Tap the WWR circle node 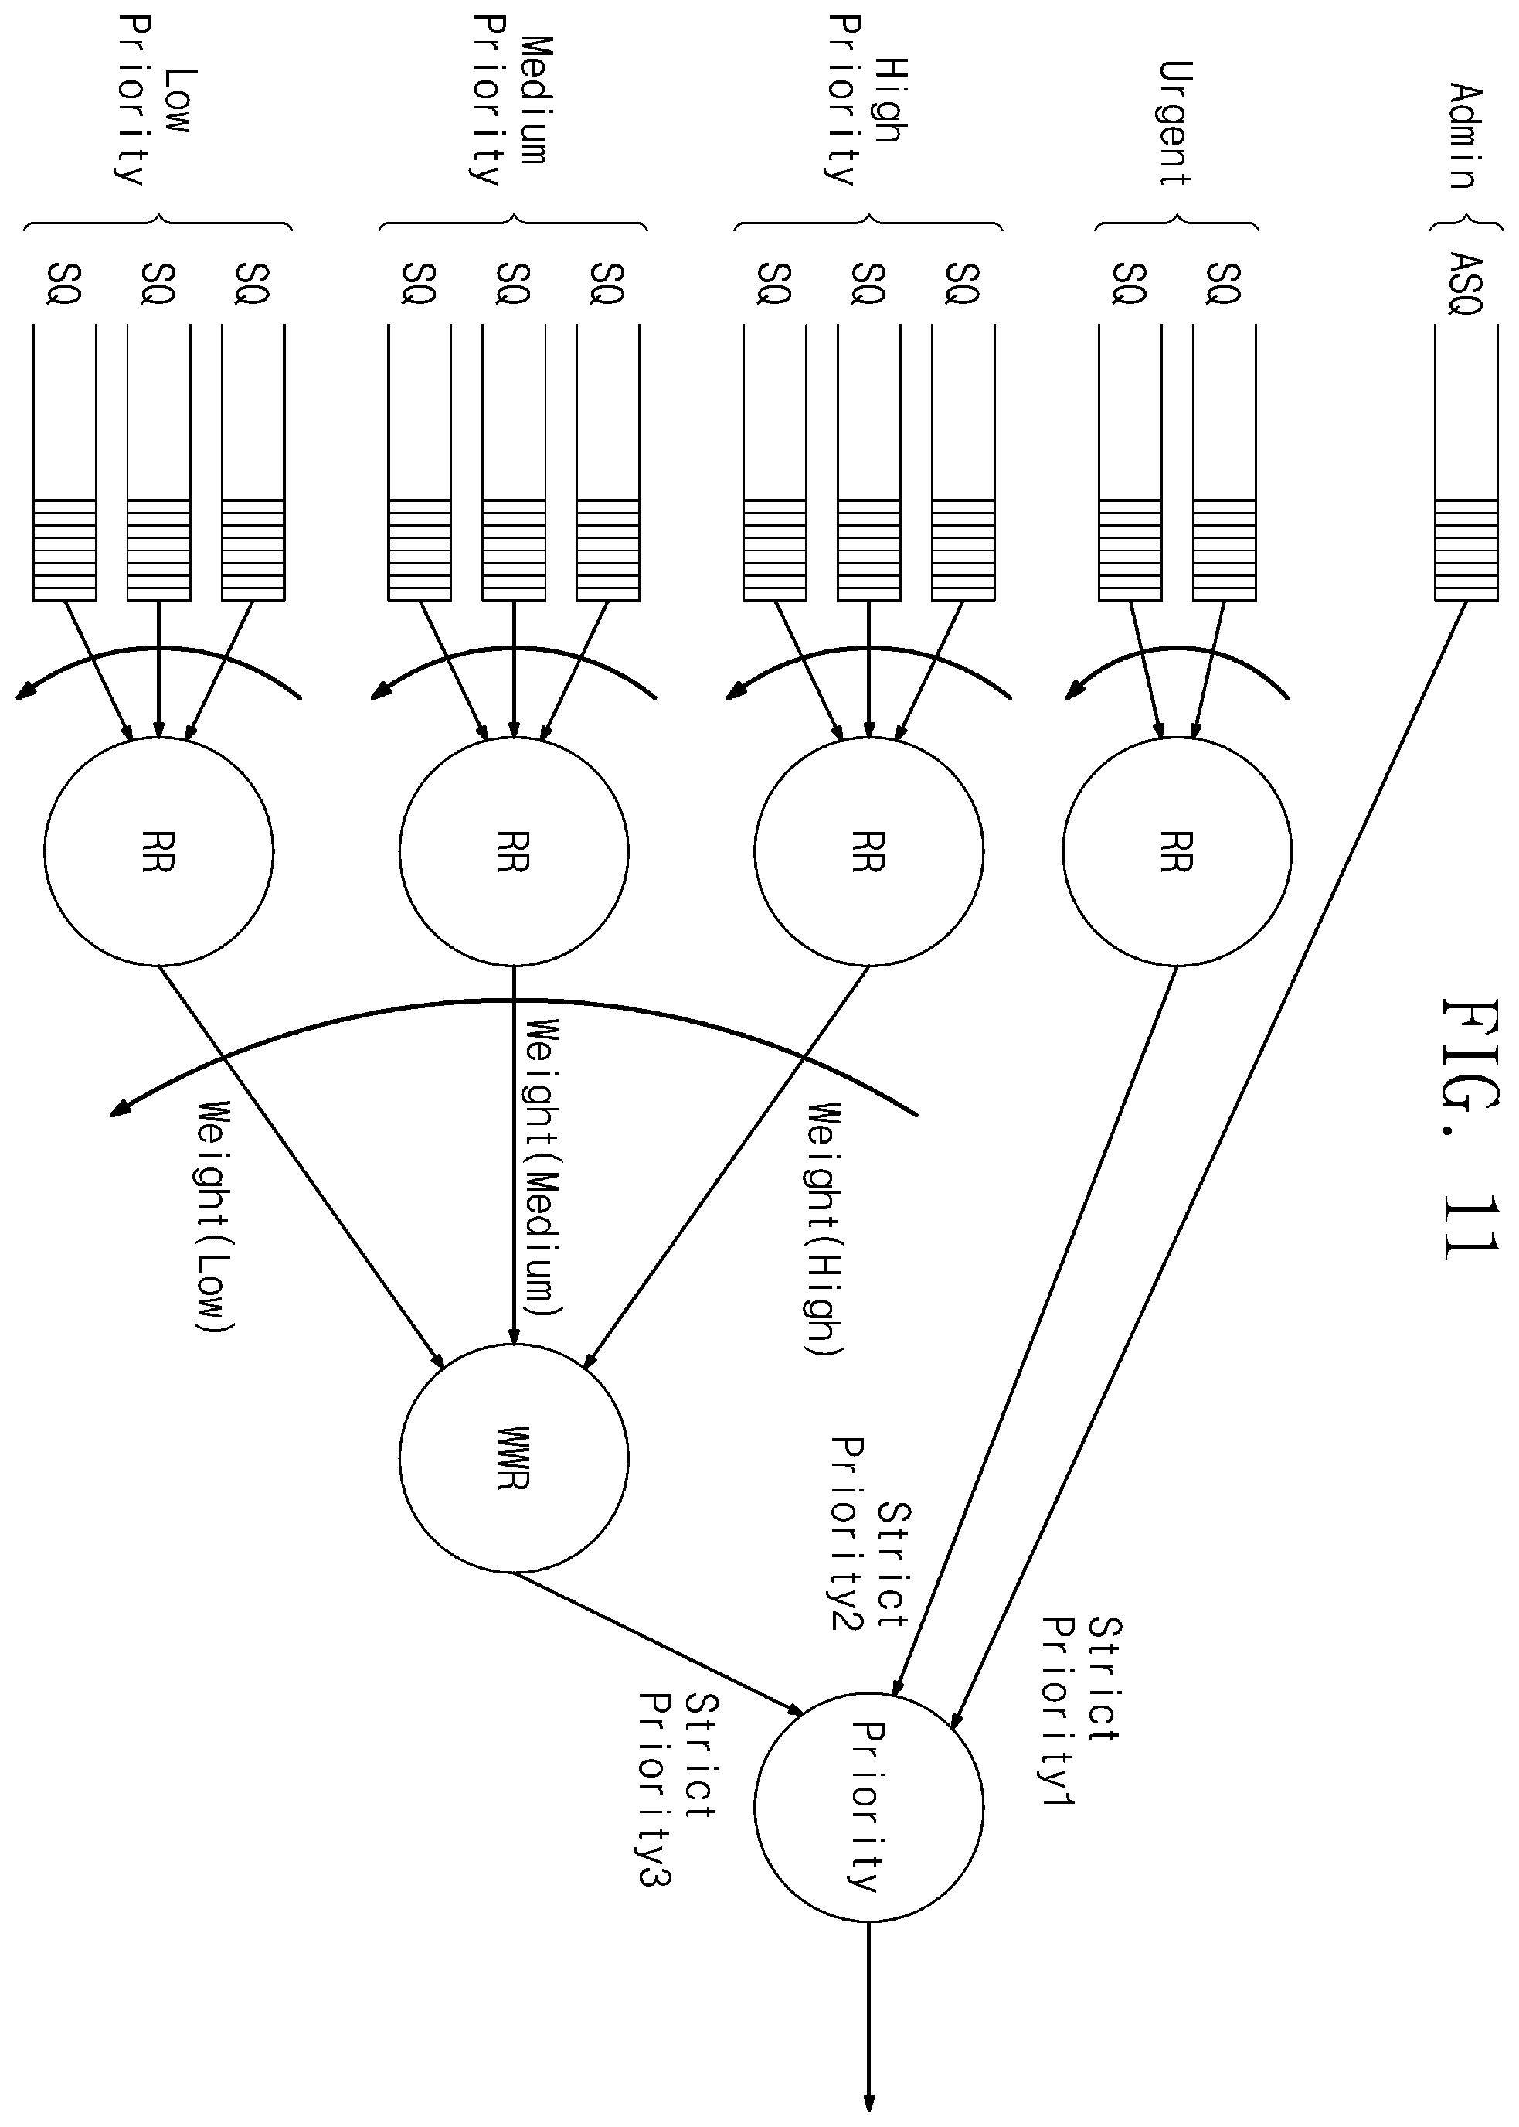click(514, 1458)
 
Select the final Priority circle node click(869, 1807)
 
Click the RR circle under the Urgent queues click(1177, 850)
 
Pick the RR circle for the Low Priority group click(159, 850)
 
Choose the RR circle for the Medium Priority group click(514, 850)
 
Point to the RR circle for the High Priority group click(869, 850)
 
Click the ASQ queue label click(1465, 283)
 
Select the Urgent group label click(1175, 124)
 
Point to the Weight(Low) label click(214, 1216)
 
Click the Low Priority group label click(155, 101)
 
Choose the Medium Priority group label click(509, 101)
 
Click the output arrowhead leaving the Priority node click(869, 2101)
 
